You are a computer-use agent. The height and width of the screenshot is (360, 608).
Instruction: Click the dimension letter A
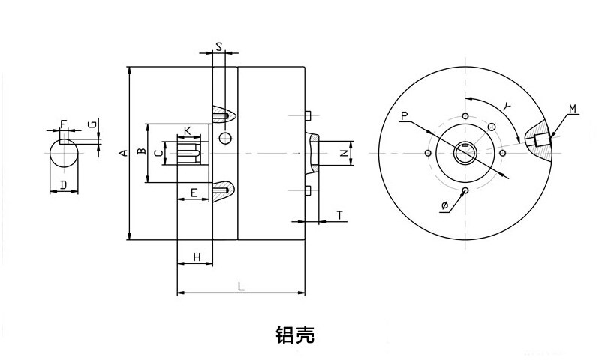pos(122,154)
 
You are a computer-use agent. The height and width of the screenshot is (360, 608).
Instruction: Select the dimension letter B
pos(140,153)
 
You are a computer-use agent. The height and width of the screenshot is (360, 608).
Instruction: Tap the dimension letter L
pos(240,285)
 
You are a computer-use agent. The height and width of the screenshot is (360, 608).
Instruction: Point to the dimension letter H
pos(196,256)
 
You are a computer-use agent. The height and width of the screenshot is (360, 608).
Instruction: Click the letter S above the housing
pos(218,46)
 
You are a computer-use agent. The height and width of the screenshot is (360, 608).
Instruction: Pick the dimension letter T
pos(339,215)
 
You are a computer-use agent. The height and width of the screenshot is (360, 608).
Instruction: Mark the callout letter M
pos(573,109)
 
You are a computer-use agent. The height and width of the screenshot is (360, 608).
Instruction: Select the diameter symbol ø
pos(445,205)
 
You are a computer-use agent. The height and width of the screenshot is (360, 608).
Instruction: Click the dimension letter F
pos(63,123)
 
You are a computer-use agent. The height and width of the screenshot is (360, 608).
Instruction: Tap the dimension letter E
pos(194,193)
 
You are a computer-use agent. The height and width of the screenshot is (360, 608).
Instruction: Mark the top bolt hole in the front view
pos(465,115)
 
